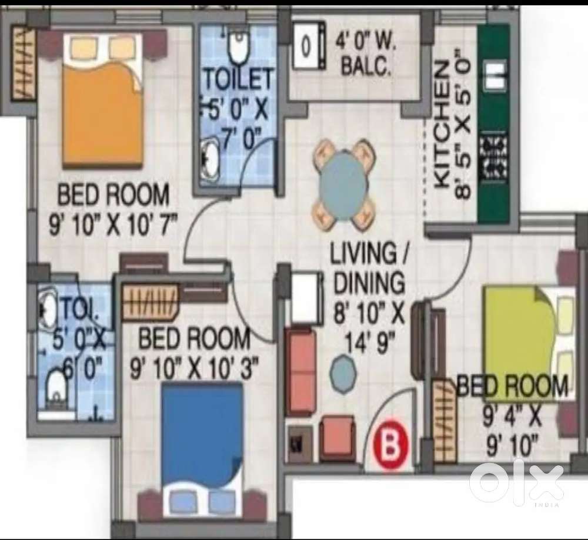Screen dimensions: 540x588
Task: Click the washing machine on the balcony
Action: (308, 45)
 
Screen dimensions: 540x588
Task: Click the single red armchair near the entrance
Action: (338, 437)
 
